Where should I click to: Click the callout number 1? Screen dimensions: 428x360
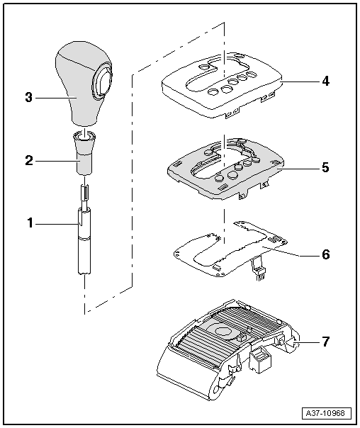pos(30,223)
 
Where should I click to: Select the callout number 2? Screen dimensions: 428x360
pos(30,160)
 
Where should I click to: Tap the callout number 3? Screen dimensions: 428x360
pos(30,96)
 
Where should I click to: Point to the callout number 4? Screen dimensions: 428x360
pos(325,81)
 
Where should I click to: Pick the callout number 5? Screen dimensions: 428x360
pos(325,168)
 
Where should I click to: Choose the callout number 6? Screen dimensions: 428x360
pos(325,254)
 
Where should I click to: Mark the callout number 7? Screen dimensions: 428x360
pos(325,342)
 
